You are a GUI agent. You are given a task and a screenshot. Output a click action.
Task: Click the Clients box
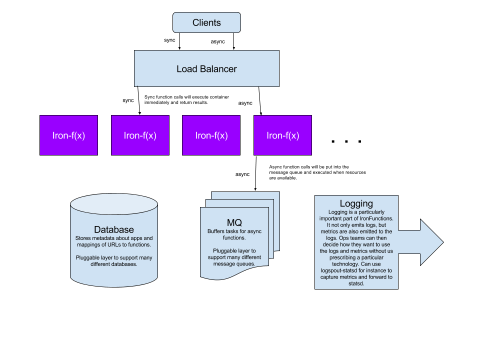(206, 23)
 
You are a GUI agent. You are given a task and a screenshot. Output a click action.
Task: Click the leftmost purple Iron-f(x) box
(68, 135)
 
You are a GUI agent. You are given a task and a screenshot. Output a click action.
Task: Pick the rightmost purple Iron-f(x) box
(282, 135)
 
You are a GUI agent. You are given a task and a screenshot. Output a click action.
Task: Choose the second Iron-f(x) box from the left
(140, 135)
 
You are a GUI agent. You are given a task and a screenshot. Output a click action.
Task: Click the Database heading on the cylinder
(114, 229)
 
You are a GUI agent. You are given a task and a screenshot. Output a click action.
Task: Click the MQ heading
(234, 222)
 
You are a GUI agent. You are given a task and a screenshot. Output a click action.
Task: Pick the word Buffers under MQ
(217, 231)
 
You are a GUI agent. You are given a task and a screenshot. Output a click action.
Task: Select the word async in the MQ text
(253, 231)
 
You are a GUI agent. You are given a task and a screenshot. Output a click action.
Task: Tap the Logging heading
(356, 203)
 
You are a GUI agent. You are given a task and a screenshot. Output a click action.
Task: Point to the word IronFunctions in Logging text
(375, 218)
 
